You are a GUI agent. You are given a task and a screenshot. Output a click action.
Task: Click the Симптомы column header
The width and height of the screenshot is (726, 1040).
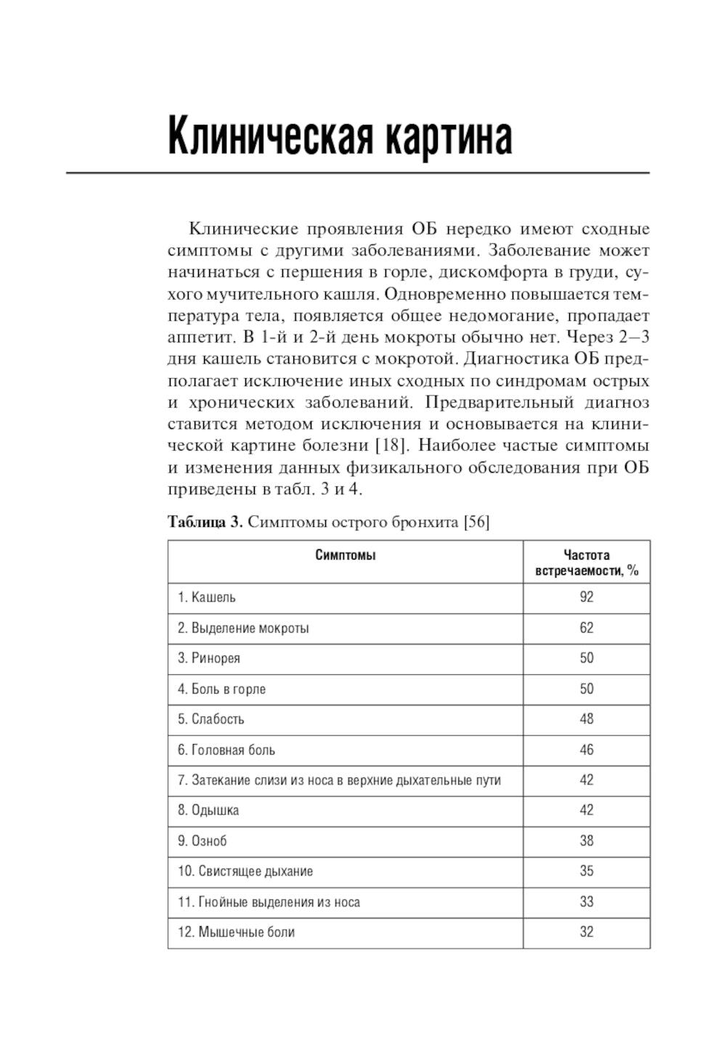(x=346, y=556)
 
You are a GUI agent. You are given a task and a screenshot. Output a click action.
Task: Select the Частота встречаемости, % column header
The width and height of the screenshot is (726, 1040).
(x=587, y=563)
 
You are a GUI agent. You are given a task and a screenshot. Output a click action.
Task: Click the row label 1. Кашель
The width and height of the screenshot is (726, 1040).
(x=207, y=597)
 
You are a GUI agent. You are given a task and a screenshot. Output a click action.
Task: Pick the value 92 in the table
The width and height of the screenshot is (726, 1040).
(x=587, y=597)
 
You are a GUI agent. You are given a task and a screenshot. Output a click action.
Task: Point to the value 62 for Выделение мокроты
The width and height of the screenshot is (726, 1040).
(x=587, y=628)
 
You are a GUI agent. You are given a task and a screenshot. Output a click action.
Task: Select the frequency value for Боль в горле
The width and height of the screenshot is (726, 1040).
(x=587, y=689)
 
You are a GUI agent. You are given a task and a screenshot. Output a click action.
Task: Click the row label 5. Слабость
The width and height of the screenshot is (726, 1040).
(x=211, y=719)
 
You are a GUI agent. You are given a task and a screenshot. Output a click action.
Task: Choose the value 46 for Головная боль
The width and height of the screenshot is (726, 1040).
(x=587, y=750)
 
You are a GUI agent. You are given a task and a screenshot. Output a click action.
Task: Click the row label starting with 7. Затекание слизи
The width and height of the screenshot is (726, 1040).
(x=339, y=780)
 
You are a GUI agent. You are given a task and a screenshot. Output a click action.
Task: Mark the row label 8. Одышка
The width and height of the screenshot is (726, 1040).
(x=208, y=810)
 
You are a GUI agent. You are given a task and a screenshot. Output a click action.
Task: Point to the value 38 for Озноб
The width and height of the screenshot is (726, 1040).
(x=587, y=840)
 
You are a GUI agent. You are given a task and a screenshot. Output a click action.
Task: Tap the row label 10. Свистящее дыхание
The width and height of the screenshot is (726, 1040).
(x=245, y=871)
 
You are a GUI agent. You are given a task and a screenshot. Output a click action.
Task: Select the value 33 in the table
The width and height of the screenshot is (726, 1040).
(x=587, y=901)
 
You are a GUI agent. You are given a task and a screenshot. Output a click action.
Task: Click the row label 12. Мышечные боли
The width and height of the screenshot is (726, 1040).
(x=237, y=932)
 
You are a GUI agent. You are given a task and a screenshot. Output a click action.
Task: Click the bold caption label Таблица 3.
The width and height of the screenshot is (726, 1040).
(x=205, y=522)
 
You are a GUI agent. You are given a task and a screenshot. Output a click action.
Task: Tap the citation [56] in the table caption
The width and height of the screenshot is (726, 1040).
(x=476, y=522)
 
